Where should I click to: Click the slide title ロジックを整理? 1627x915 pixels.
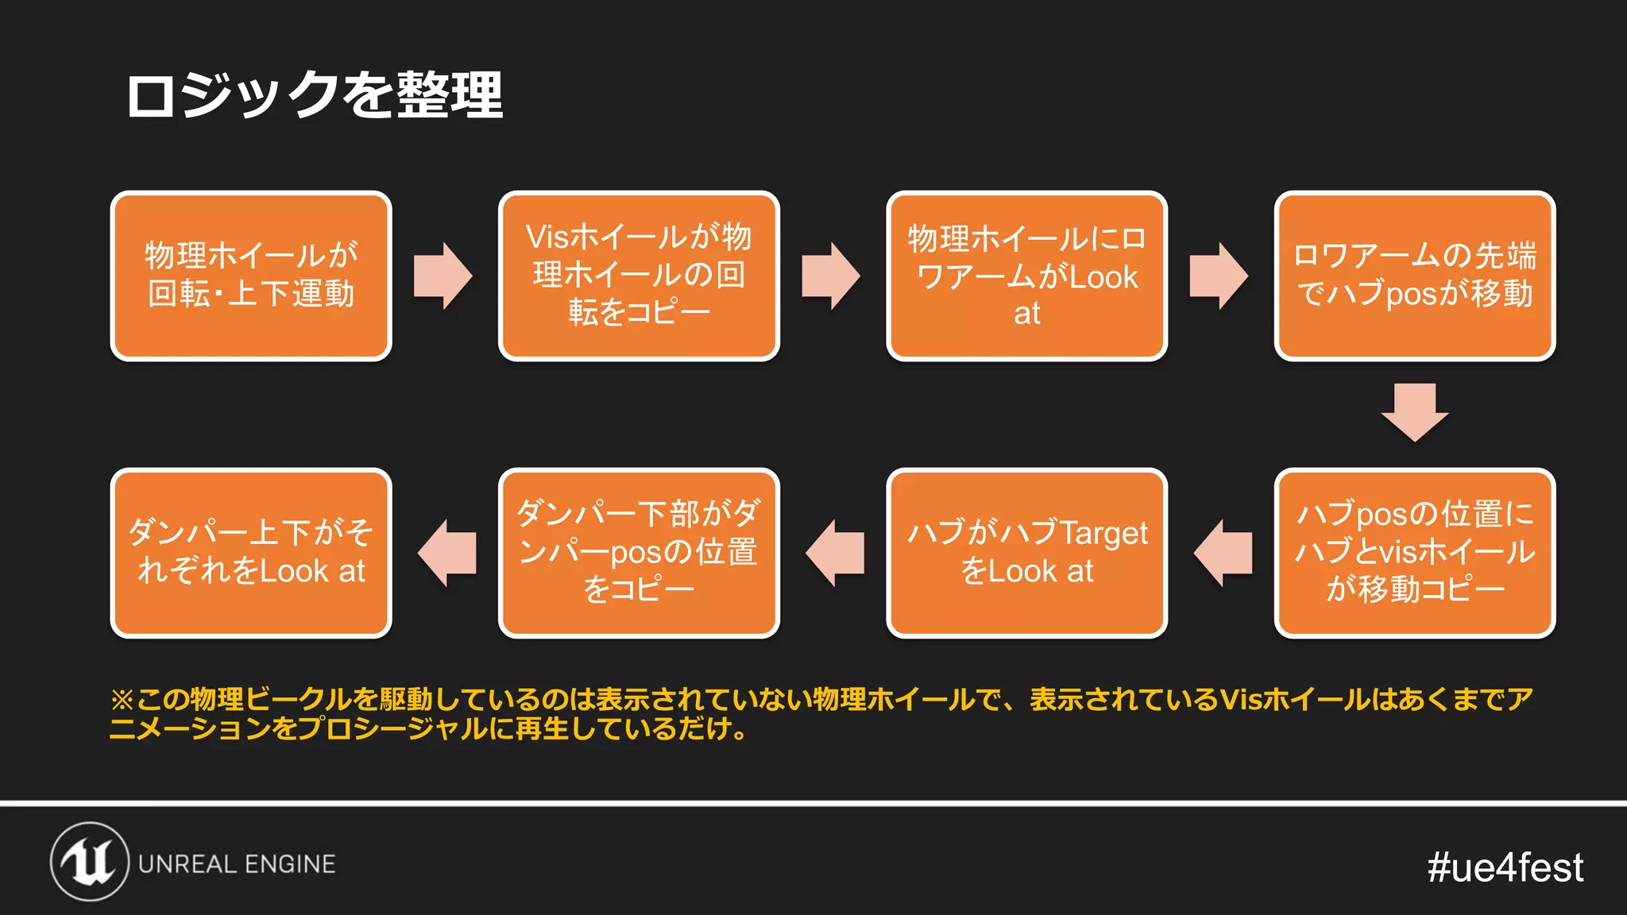[315, 95]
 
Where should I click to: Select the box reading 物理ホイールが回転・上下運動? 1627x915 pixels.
[251, 276]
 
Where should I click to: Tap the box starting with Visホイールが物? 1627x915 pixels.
[639, 276]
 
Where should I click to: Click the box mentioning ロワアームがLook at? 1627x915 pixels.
[1026, 276]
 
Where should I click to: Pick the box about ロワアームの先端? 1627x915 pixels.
[1414, 276]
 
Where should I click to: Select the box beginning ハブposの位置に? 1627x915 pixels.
[1414, 553]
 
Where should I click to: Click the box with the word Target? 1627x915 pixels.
[1026, 553]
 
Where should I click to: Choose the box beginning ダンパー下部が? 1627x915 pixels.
[639, 553]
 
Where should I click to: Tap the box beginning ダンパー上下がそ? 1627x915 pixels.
[251, 553]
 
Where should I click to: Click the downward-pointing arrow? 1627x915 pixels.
[1414, 412]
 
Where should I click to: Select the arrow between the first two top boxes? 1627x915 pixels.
[443, 276]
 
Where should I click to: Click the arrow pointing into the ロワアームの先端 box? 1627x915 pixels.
[1219, 276]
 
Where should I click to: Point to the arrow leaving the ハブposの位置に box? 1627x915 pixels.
[1223, 553]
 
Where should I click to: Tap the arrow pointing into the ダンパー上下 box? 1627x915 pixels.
[446, 553]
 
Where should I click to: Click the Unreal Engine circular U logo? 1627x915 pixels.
[90, 862]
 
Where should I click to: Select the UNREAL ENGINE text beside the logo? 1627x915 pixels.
[237, 864]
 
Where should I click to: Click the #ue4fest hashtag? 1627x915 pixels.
[1505, 867]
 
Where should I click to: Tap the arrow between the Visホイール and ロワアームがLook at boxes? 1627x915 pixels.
[831, 276]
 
